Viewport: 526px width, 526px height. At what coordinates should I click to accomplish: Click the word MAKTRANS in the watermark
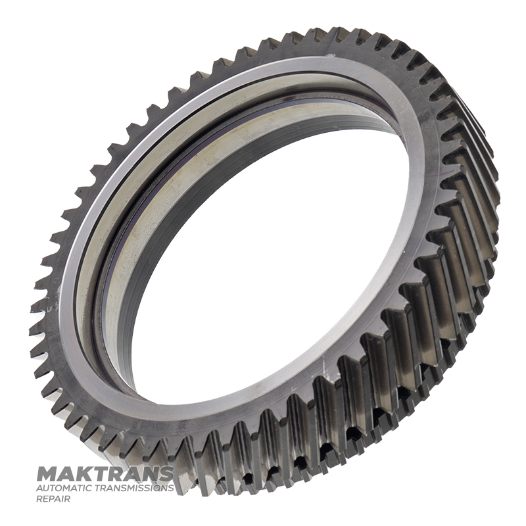(105, 473)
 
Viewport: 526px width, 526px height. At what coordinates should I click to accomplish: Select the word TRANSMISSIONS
(131, 488)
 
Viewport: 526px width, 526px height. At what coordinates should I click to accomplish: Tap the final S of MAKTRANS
(166, 473)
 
